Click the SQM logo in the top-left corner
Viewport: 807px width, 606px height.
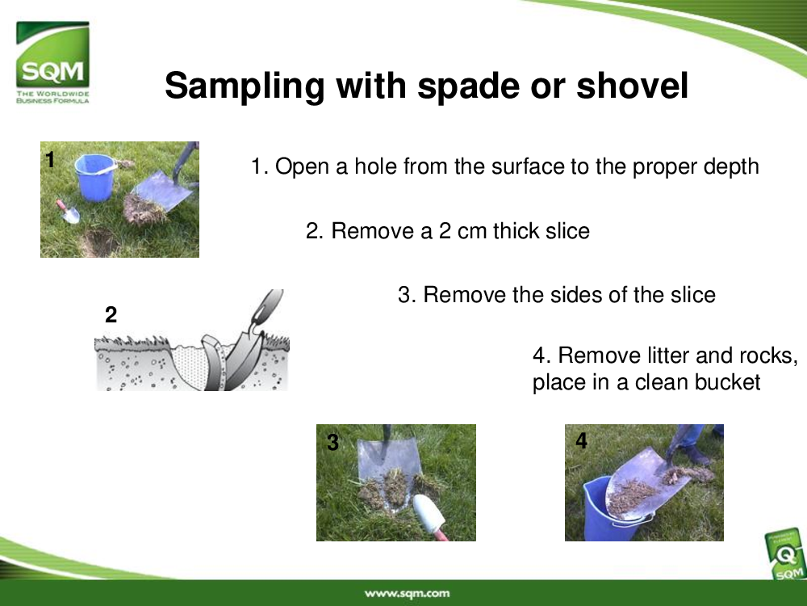52,62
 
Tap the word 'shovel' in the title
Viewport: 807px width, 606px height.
632,85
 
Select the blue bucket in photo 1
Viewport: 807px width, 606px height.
94,177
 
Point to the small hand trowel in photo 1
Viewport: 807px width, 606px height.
69,211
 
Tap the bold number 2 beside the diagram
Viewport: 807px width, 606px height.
111,314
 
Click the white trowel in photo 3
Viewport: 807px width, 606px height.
429,516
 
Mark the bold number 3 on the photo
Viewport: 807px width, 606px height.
333,442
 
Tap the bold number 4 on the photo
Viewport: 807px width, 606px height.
582,440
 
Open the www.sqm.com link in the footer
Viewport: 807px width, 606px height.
407,593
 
